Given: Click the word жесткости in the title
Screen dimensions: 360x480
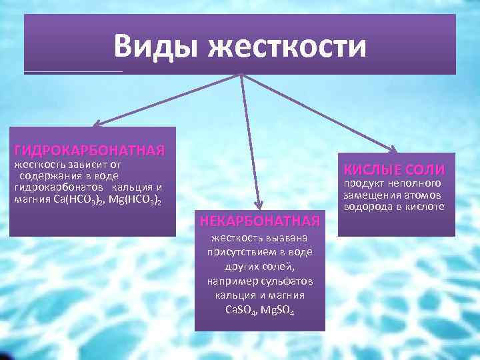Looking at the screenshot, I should pos(287,47).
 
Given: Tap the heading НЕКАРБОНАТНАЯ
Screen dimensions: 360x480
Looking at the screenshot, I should pos(260,219).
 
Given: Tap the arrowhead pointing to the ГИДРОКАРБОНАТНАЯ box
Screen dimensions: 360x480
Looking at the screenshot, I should pos(95,124).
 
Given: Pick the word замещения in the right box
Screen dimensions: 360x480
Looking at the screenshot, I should pos(369,195).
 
